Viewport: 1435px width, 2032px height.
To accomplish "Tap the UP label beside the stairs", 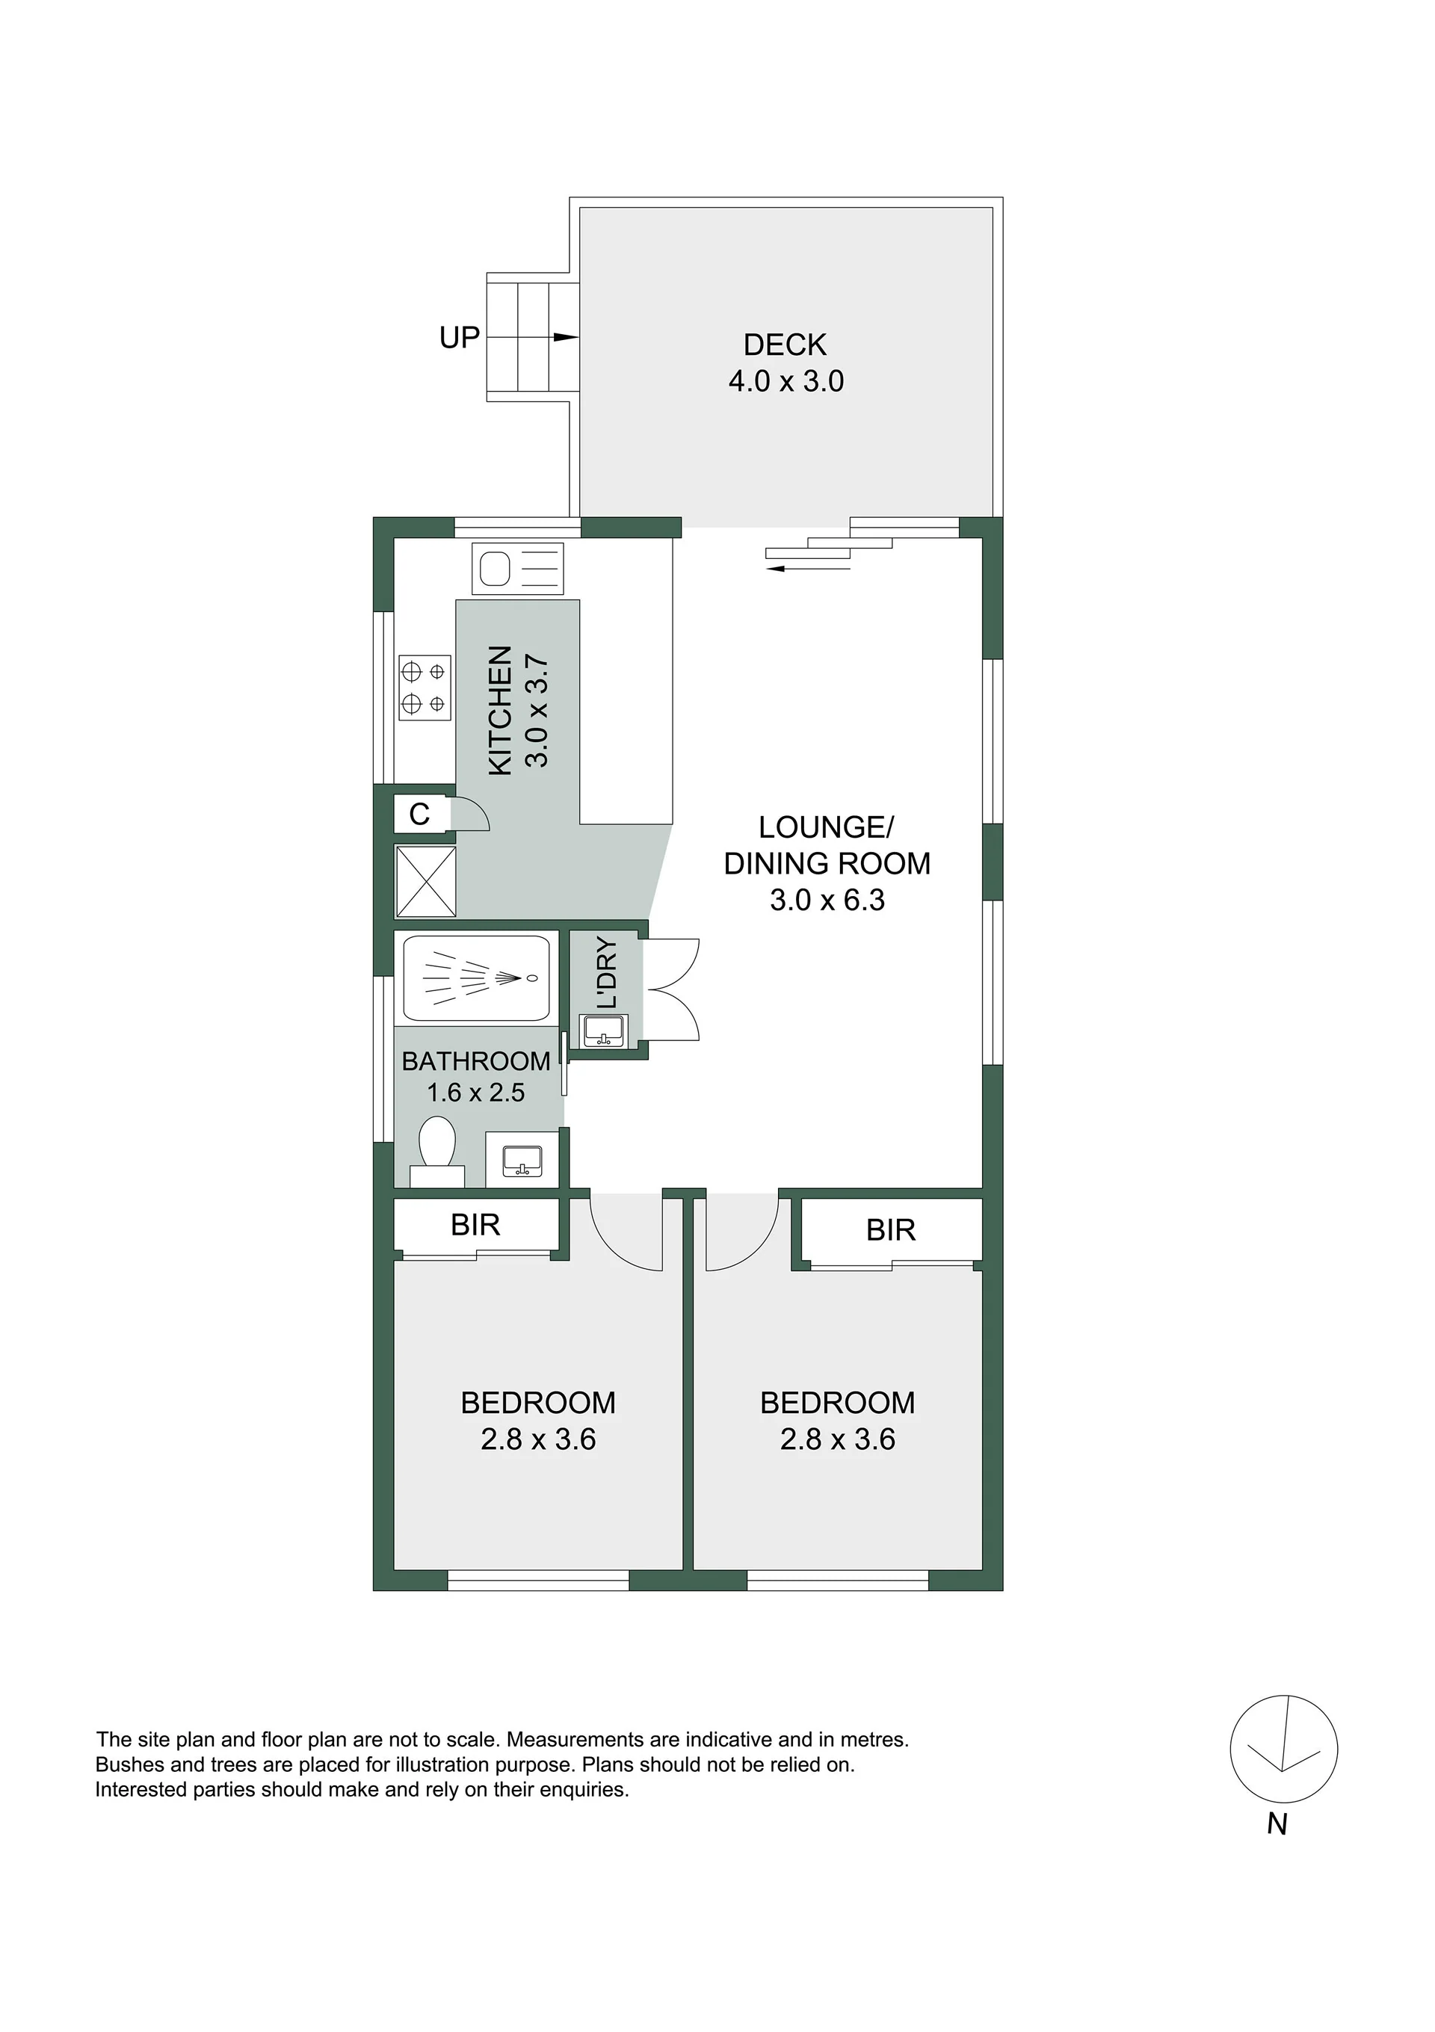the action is pyautogui.click(x=460, y=337).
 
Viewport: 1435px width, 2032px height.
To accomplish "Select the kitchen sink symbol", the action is pyautogui.click(x=518, y=567).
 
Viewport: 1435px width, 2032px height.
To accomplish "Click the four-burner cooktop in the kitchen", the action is pyautogui.click(x=425, y=688).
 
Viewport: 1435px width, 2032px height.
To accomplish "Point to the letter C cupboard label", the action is pyautogui.click(x=419, y=813).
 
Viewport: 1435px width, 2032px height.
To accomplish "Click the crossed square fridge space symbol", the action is pyautogui.click(x=426, y=881).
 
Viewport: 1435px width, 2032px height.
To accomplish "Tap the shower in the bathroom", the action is pyautogui.click(x=476, y=978).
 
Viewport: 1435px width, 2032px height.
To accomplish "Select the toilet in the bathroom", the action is pyautogui.click(x=436, y=1152).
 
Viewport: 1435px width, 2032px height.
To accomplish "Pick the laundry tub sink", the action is pyautogui.click(x=603, y=1030).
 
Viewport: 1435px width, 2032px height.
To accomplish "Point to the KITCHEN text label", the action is pyautogui.click(x=500, y=711).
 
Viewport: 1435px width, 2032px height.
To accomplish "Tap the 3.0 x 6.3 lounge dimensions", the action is pyautogui.click(x=827, y=899).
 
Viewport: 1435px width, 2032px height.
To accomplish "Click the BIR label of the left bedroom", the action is pyautogui.click(x=475, y=1225).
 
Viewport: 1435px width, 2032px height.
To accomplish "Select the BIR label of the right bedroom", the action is pyautogui.click(x=891, y=1230).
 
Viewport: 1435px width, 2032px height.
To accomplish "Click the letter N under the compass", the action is pyautogui.click(x=1277, y=1824).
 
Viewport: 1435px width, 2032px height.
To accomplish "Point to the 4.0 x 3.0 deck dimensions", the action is pyautogui.click(x=786, y=381).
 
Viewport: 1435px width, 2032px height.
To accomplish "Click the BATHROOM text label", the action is pyautogui.click(x=476, y=1061).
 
